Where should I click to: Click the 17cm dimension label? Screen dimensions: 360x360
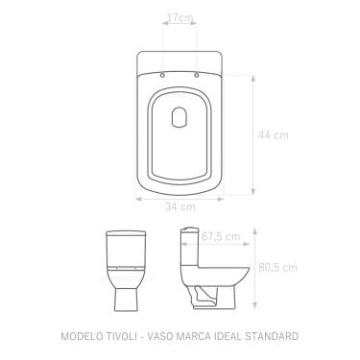click(x=178, y=18)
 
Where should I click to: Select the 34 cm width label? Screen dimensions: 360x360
click(x=180, y=207)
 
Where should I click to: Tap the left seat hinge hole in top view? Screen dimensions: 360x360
click(x=162, y=75)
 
